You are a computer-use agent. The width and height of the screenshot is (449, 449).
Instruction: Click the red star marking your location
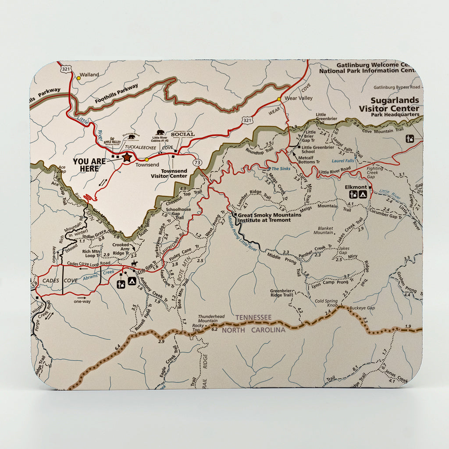coord(127,157)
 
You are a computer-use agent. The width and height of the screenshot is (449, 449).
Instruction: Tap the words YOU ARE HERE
coord(89,165)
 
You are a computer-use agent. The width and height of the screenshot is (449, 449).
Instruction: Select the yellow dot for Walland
coord(78,78)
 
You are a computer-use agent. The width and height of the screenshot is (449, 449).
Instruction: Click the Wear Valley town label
coord(299,98)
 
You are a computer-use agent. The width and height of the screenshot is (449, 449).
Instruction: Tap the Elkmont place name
coord(356,187)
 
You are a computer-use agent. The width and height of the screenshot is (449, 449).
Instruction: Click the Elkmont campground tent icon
coord(363,195)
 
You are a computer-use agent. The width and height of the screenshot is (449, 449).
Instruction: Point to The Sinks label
coord(281,169)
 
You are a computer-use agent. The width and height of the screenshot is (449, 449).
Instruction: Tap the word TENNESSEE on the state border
coord(253,317)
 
